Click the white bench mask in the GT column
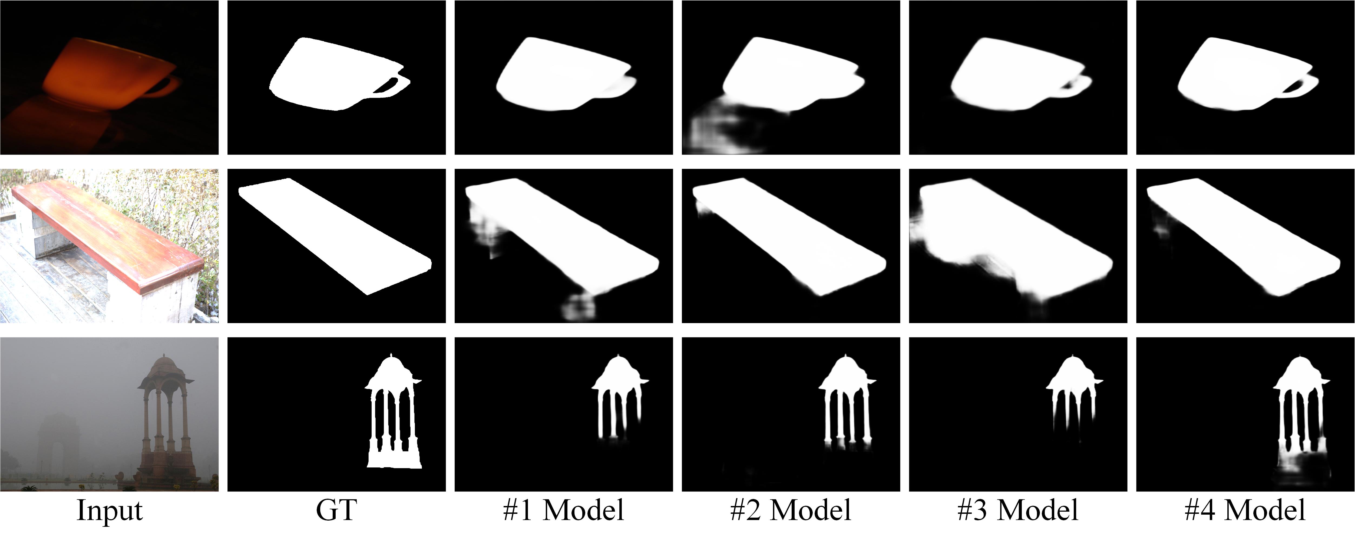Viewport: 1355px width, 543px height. (x=335, y=236)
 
